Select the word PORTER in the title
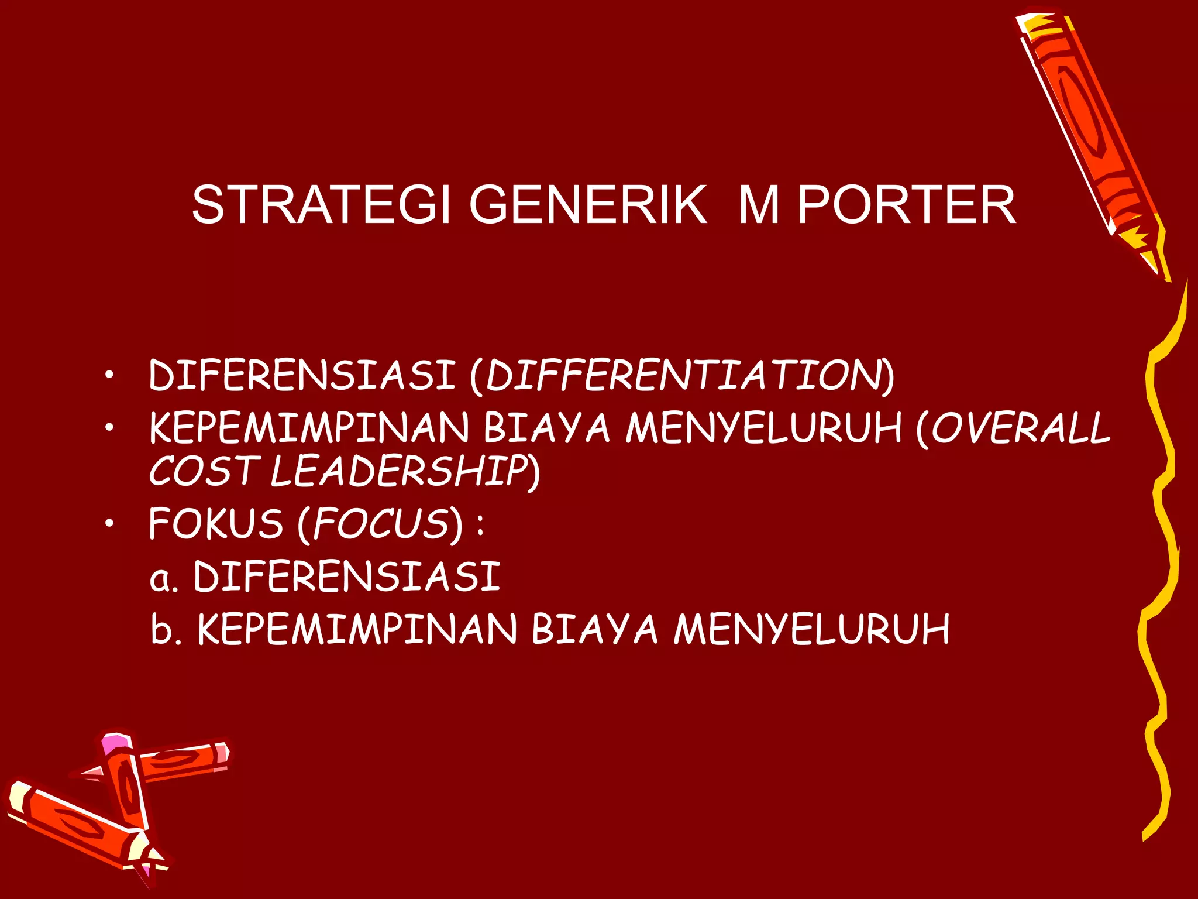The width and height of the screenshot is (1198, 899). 907,204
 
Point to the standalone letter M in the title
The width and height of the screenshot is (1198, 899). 759,204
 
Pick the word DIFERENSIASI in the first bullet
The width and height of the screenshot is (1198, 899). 302,375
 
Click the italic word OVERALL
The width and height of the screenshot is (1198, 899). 1021,427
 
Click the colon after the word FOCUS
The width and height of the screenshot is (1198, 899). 480,524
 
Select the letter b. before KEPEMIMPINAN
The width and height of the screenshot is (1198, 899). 166,629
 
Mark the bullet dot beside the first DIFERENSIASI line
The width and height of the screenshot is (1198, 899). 109,375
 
